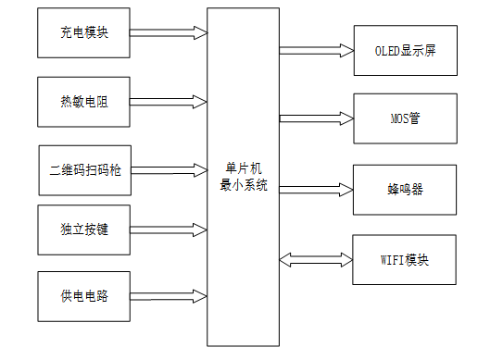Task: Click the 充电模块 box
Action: coord(84,32)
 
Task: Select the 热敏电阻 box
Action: coord(84,100)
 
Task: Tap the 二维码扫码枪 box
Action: coord(84,169)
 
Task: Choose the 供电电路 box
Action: coord(84,296)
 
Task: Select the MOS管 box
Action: coord(407,118)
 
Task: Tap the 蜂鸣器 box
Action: coord(407,190)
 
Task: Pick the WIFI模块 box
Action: coord(407,260)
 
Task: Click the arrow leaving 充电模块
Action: coord(168,32)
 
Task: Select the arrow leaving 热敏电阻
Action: coord(168,100)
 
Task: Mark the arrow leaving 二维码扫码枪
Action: coord(168,169)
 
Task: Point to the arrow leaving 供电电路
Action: coord(168,296)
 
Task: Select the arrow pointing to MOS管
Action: coord(316,118)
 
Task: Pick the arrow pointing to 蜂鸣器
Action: coord(316,190)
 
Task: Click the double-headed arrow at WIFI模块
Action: coord(316,260)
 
